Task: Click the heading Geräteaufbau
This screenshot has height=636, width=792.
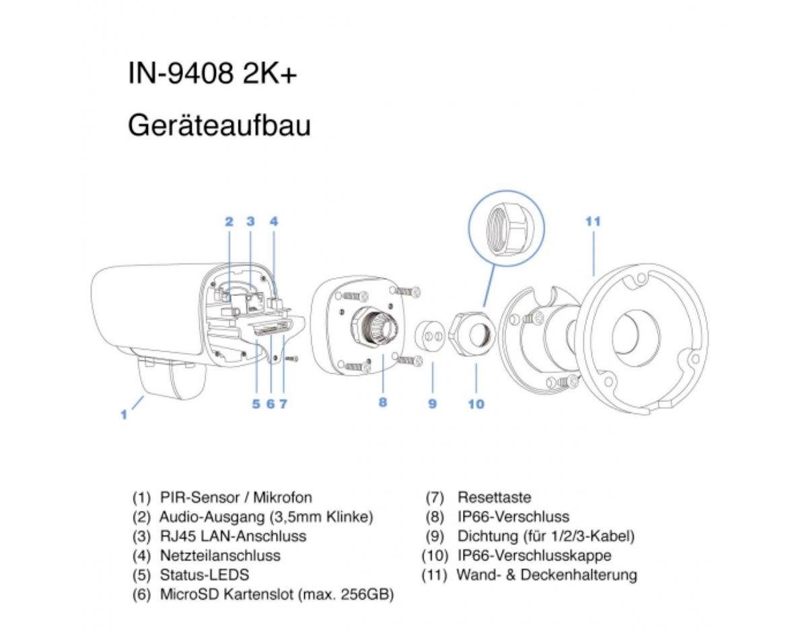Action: [x=219, y=125]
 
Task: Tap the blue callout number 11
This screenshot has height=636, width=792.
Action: [x=593, y=221]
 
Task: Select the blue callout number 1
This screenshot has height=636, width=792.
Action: [x=124, y=415]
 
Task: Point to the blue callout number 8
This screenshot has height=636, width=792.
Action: [x=382, y=403]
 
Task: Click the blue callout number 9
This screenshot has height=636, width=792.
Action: [x=433, y=404]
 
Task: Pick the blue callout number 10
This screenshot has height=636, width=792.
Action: [x=476, y=404]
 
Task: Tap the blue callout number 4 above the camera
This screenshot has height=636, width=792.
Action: [x=273, y=221]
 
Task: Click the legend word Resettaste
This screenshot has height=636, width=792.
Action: [x=494, y=498]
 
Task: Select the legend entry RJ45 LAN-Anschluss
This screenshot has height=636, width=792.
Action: [x=233, y=536]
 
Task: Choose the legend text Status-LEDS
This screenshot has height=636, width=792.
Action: [x=205, y=575]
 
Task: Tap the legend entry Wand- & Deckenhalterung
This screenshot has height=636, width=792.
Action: [x=546, y=575]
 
